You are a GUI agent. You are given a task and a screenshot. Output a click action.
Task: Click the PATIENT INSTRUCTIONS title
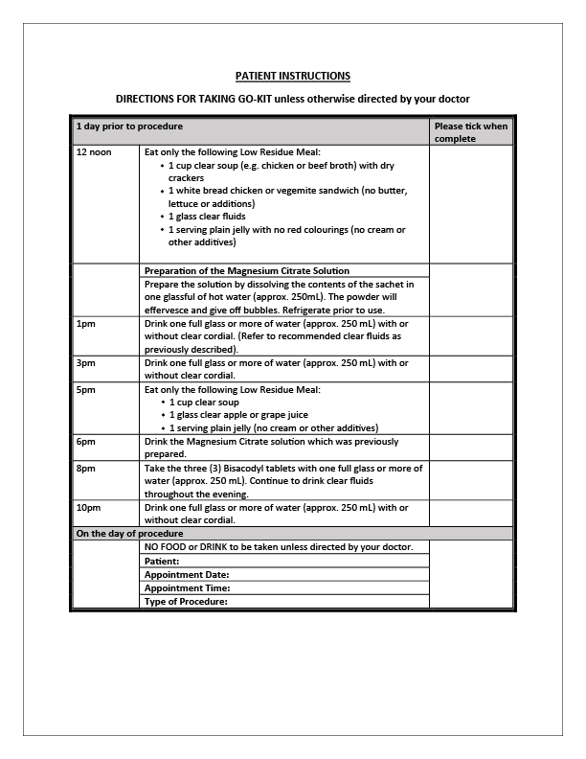point(293,75)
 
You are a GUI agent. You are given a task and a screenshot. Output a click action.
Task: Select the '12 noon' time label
point(93,152)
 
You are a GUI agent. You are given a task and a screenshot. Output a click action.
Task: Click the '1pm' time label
point(83,324)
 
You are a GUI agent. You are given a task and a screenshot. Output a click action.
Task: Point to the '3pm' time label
point(83,363)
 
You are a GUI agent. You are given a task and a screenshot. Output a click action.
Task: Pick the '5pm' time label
point(83,390)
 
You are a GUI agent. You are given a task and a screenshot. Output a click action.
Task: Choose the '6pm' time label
point(83,441)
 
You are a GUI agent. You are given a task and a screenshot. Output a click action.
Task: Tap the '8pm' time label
point(83,468)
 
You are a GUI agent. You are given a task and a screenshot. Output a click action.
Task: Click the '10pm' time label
point(86,507)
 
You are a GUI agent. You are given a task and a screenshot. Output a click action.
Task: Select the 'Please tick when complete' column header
point(470,132)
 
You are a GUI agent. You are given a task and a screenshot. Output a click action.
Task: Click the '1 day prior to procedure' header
point(129,126)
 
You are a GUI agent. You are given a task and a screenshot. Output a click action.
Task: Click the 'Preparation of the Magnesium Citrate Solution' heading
point(246,271)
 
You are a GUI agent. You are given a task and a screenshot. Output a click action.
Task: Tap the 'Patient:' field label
point(162,561)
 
